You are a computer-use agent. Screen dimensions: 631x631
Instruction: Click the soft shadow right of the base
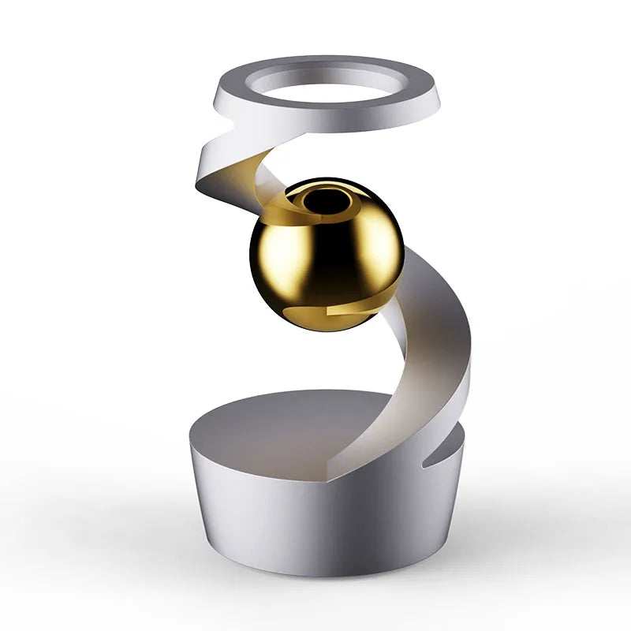[505, 544]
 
